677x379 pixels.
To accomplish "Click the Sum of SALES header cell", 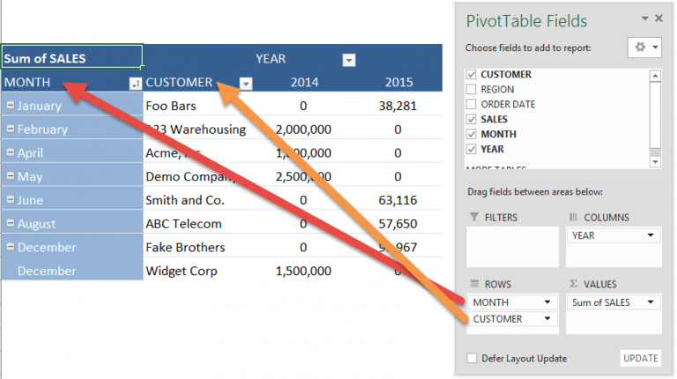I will click(x=71, y=58).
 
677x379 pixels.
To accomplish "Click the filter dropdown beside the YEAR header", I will click(x=348, y=60).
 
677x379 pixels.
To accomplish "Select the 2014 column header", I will click(x=303, y=82).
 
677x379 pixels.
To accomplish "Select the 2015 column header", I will click(x=398, y=82).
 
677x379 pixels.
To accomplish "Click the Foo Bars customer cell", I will click(x=171, y=106).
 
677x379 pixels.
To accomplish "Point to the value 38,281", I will click(x=398, y=106).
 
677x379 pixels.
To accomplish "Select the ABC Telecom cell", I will click(x=183, y=224).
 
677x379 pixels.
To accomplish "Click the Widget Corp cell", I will click(x=180, y=271).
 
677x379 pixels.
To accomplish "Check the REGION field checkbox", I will click(x=471, y=90).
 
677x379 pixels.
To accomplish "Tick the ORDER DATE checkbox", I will click(x=471, y=105).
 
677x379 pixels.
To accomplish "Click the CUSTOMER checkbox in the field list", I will click(x=471, y=75).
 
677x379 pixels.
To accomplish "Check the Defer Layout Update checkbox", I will click(x=472, y=359).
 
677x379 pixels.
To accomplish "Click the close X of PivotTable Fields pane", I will click(x=658, y=18).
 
